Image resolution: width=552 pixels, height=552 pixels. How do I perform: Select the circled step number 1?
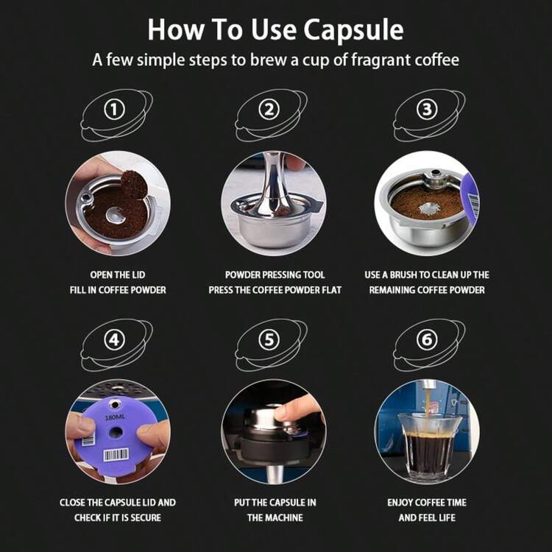point(113,110)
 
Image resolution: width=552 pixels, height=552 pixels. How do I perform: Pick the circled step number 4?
point(113,339)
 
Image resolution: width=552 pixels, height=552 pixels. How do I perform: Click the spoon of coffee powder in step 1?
point(134,184)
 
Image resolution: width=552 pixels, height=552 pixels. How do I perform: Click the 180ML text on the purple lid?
point(114,417)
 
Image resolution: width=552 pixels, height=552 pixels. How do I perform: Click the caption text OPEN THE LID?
point(118,275)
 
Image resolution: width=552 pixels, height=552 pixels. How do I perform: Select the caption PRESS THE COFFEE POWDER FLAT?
point(275,290)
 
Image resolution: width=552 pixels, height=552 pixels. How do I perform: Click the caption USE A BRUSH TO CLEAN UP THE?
point(427,275)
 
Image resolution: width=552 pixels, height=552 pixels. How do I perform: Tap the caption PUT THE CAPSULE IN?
point(275,502)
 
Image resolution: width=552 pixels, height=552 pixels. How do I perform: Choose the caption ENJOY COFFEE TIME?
point(427,502)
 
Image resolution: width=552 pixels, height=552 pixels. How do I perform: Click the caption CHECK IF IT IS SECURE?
point(118,517)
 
